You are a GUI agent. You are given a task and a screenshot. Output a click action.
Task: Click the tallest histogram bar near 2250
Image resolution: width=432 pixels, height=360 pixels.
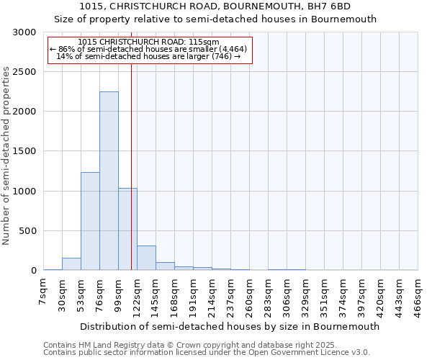109,181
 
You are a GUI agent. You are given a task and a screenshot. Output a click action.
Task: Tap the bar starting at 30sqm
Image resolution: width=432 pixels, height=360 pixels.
71,264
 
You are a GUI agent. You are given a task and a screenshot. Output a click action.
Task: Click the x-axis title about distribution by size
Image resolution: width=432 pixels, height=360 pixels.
230,326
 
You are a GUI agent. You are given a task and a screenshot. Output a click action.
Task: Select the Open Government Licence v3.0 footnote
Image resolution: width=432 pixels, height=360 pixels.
207,353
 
